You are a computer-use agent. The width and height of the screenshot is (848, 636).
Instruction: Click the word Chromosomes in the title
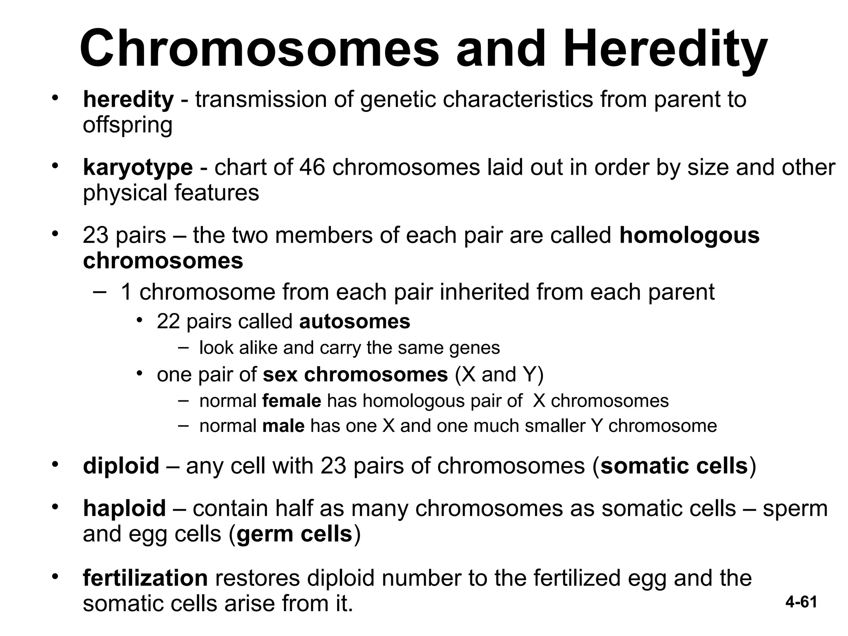(x=259, y=49)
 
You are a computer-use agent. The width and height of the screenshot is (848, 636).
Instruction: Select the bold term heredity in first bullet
(x=128, y=99)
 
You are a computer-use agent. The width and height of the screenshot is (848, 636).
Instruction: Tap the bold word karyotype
(x=137, y=168)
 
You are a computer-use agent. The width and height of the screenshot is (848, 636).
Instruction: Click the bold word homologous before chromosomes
(x=689, y=235)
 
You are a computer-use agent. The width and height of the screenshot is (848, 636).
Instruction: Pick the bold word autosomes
(x=354, y=321)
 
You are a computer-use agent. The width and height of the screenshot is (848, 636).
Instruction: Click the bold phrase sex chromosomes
(x=355, y=374)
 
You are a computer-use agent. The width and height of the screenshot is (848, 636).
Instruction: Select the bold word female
(x=291, y=401)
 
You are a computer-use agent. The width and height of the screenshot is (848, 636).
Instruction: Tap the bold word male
(x=284, y=426)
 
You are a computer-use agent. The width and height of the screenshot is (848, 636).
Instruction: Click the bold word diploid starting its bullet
(x=121, y=465)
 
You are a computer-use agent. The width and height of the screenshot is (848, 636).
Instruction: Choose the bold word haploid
(x=124, y=508)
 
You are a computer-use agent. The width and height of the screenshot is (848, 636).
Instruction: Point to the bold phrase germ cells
(x=294, y=534)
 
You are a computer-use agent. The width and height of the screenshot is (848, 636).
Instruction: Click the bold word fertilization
(x=145, y=578)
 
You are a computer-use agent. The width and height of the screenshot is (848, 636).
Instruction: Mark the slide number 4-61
(x=801, y=602)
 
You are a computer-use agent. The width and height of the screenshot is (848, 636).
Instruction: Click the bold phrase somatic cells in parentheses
(x=674, y=465)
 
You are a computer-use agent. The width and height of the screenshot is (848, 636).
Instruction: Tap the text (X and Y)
(x=499, y=374)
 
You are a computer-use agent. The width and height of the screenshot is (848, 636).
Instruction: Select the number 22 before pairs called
(x=168, y=321)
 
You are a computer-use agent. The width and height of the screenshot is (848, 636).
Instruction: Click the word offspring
(x=128, y=125)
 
